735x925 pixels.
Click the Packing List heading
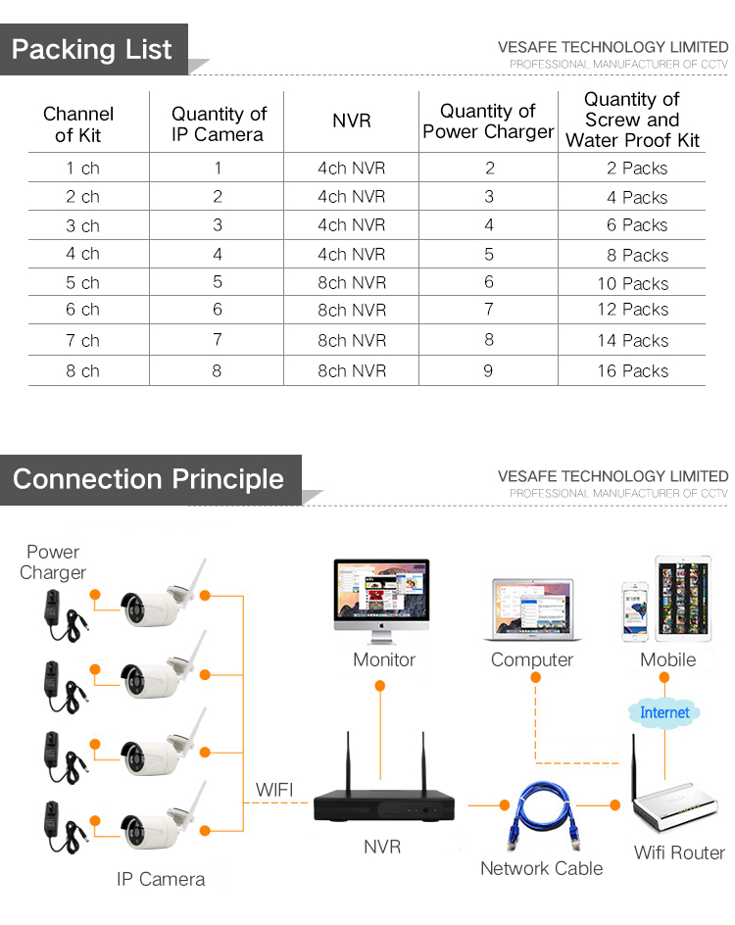click(x=92, y=50)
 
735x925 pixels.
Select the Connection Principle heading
click(x=148, y=479)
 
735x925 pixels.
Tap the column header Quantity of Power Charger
click(x=488, y=122)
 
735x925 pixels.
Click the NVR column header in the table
click(x=352, y=121)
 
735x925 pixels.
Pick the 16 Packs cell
click(x=632, y=371)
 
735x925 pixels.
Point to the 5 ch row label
click(x=83, y=283)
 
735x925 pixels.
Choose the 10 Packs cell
click(x=632, y=284)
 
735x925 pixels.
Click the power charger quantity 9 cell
click(x=488, y=371)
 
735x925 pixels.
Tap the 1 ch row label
click(x=83, y=169)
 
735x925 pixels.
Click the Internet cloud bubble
click(x=664, y=712)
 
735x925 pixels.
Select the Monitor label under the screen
click(x=384, y=660)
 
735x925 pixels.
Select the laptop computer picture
click(x=532, y=611)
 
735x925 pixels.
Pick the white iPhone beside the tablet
click(x=634, y=611)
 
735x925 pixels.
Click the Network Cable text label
click(x=541, y=868)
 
